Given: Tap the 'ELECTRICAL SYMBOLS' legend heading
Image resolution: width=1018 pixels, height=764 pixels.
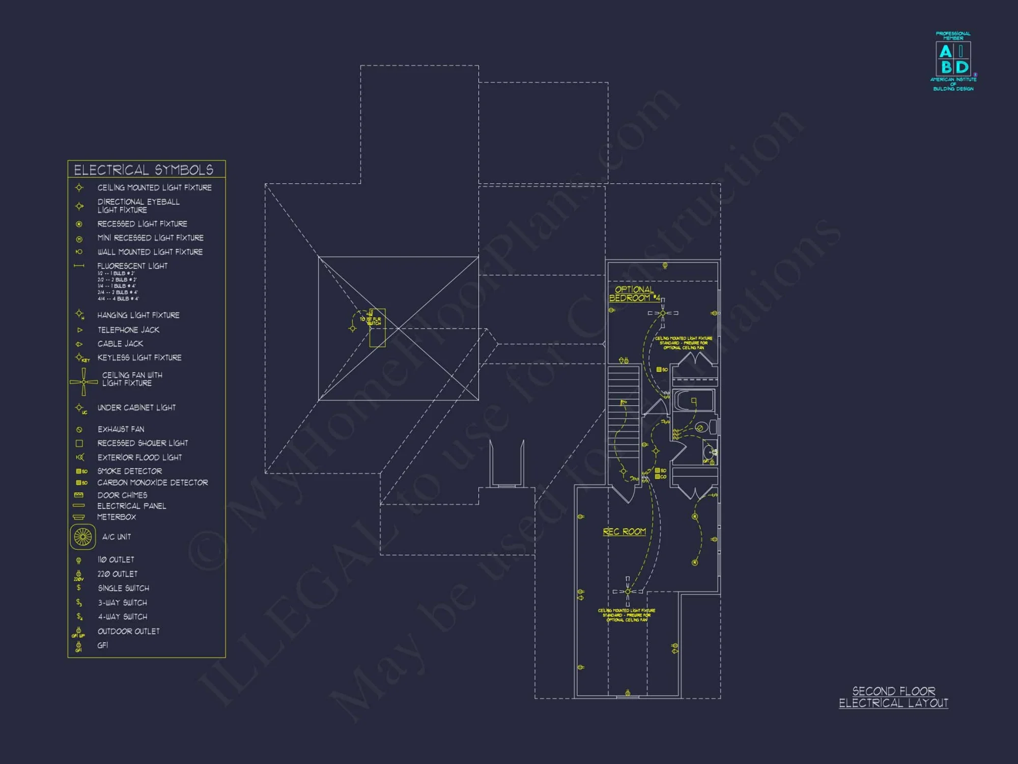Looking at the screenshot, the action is (x=144, y=170).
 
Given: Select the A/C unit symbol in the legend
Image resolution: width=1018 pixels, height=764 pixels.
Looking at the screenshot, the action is (x=82, y=537).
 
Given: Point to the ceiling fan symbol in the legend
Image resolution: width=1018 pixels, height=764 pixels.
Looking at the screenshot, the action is (x=83, y=381).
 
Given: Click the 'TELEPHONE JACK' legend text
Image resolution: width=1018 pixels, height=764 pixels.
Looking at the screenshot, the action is (x=128, y=330).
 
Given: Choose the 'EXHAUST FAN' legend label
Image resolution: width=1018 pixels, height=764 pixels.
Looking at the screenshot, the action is (x=121, y=429).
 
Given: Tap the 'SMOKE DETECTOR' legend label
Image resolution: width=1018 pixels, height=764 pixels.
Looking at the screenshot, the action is (x=129, y=471).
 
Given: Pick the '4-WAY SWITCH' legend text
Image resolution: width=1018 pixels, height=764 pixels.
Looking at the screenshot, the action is (x=122, y=617).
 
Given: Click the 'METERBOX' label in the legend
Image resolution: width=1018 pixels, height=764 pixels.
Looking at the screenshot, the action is (x=117, y=517).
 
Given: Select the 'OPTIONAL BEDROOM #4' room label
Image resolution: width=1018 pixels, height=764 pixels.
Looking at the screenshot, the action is (x=634, y=294).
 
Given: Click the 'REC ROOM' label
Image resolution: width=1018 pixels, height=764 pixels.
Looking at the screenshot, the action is (x=624, y=532).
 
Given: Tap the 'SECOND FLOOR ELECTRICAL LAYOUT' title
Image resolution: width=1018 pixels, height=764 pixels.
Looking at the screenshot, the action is (x=893, y=697).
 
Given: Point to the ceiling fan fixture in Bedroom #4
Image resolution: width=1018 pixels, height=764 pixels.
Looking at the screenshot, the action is (x=663, y=313).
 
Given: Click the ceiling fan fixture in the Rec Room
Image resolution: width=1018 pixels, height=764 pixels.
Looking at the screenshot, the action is (x=628, y=591).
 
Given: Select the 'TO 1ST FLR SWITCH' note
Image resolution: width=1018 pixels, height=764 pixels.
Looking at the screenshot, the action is (x=371, y=321).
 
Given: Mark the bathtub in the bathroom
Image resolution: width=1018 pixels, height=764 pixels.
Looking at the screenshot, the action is (x=693, y=400).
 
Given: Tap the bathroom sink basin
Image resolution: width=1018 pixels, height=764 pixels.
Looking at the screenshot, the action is (x=709, y=451).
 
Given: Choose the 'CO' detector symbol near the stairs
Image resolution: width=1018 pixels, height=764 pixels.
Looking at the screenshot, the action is (x=661, y=477).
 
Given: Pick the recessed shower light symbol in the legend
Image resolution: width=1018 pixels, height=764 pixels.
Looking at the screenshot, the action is (x=79, y=443).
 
